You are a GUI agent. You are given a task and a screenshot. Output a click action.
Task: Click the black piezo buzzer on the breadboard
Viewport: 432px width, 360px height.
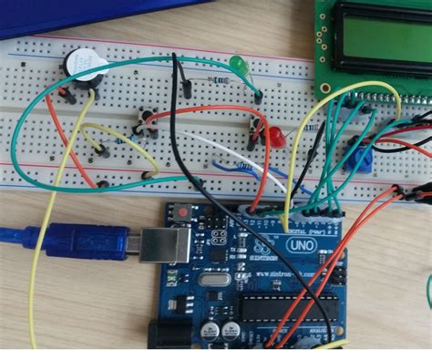tap(83, 67)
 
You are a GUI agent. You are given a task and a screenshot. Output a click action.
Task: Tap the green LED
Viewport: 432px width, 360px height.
tap(239, 67)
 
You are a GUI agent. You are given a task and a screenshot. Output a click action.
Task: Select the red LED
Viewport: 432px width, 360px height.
tap(275, 138)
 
